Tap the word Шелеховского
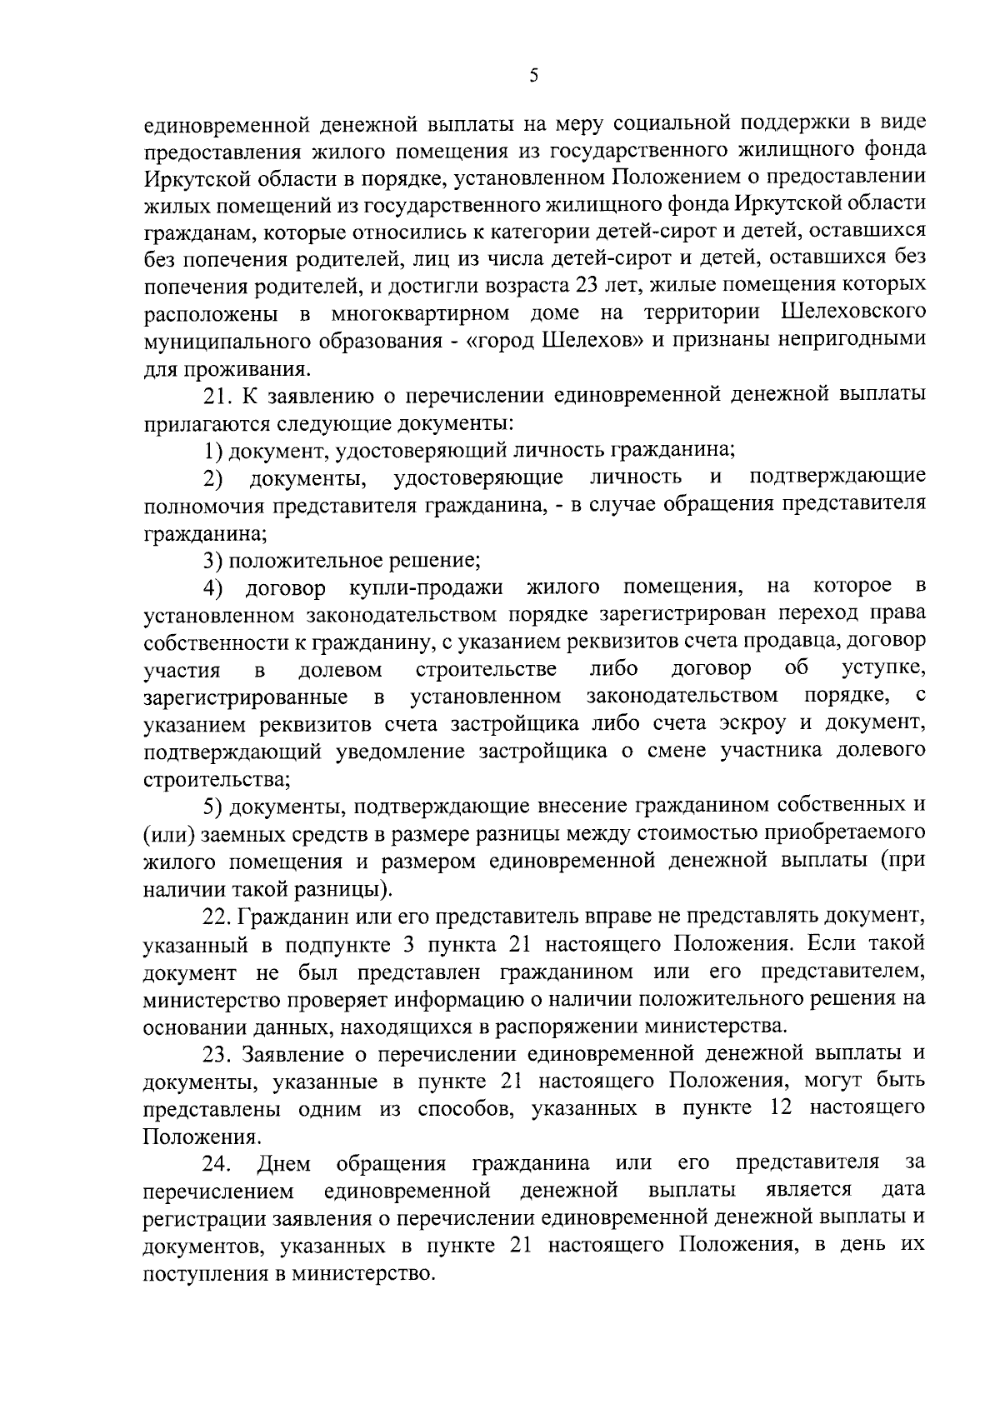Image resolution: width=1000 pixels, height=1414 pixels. click(x=854, y=313)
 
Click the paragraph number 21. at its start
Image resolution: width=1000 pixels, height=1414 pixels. click(x=219, y=395)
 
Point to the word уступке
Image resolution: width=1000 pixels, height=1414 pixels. click(x=883, y=668)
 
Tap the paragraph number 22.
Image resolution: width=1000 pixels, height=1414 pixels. click(x=218, y=917)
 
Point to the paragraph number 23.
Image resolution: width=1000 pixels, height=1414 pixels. click(x=218, y=1053)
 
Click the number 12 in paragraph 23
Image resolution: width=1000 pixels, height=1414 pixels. click(x=781, y=1108)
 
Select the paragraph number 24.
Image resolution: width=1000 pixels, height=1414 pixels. click(x=218, y=1163)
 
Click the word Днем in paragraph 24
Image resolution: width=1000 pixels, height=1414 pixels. click(x=285, y=1163)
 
